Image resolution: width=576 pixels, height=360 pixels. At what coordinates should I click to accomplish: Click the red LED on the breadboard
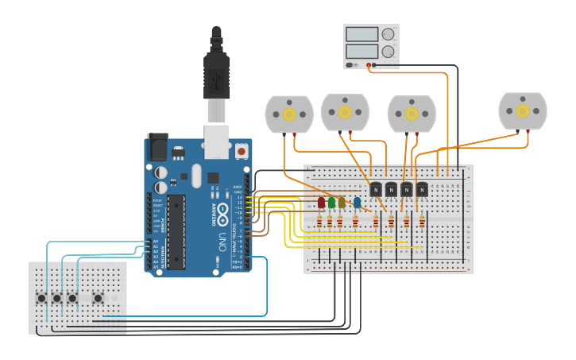tap(321, 203)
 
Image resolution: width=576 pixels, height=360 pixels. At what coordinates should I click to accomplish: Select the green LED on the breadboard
tap(331, 203)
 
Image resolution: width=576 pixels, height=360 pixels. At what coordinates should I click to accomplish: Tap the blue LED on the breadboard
tap(357, 203)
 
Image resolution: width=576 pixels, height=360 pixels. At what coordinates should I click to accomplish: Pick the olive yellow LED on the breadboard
tap(342, 203)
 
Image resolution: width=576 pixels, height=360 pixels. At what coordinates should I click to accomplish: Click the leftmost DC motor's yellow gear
tap(289, 114)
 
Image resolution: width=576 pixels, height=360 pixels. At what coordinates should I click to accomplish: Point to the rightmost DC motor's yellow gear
tap(523, 111)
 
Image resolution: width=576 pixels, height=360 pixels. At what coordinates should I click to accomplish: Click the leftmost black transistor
tap(376, 189)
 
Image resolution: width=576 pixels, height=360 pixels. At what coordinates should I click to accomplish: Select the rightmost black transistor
tap(422, 189)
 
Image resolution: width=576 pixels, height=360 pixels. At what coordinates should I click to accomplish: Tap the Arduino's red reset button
tap(241, 149)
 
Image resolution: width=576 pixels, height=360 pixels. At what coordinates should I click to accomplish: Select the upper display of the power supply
tap(361, 34)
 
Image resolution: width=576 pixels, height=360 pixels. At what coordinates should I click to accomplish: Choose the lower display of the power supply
tap(361, 52)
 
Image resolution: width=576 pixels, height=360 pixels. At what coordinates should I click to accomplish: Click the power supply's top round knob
tap(388, 34)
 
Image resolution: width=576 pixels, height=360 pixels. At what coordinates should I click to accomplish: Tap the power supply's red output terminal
tap(371, 64)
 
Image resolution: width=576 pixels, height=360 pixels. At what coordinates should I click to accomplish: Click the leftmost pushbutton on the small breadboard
tap(41, 298)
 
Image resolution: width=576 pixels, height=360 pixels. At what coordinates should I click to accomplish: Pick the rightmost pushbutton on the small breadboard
tap(98, 298)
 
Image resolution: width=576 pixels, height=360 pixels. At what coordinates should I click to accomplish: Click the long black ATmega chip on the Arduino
tap(176, 231)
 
